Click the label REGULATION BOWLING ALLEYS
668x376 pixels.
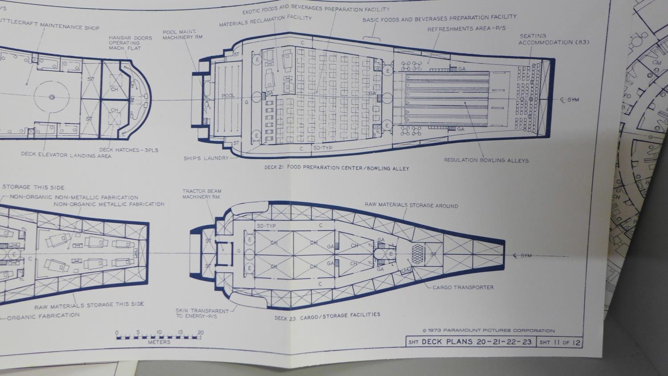coord(486,160)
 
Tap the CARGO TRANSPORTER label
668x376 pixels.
coord(463,287)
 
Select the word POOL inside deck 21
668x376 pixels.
coord(228,96)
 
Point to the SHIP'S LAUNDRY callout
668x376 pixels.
coord(206,158)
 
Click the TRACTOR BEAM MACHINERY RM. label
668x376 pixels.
coord(202,194)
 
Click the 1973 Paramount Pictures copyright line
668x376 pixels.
coord(488,331)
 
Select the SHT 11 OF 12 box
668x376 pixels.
coord(560,342)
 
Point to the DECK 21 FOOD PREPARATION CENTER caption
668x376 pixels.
coord(336,168)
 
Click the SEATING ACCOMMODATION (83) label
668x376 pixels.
coord(554,39)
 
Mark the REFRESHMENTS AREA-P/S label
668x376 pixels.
coord(466,29)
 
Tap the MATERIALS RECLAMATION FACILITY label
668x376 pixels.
coord(265,21)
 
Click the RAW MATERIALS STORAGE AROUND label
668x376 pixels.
coord(411,205)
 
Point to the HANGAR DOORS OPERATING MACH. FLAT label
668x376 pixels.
coord(131,43)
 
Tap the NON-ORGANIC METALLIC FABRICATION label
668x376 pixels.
coord(109,204)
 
